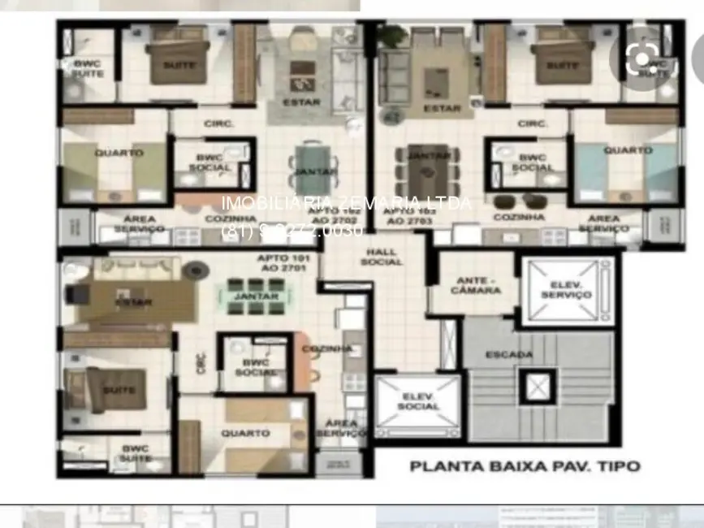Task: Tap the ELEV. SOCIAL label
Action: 419,400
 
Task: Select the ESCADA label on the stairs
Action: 509,354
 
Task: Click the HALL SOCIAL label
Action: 382,257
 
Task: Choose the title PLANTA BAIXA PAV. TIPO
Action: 525,466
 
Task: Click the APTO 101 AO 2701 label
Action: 280,262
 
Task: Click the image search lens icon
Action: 643,58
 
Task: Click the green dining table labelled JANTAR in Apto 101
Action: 256,296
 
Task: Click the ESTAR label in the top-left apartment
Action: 301,102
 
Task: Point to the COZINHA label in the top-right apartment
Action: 519,218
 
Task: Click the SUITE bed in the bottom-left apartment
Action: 113,391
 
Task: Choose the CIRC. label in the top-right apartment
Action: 532,123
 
